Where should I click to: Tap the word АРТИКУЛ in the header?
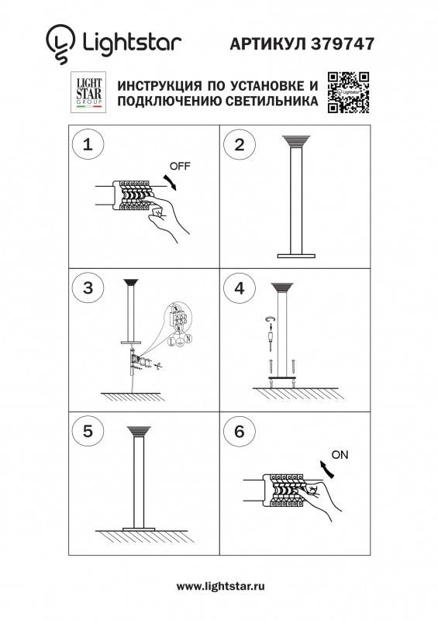click(268, 45)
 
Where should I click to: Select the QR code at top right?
click(347, 92)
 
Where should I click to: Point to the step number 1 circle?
click(88, 144)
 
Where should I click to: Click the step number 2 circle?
click(239, 144)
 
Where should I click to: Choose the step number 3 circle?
click(88, 288)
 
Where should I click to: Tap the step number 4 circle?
click(239, 288)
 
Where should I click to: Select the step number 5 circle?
click(88, 431)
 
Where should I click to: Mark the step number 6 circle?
click(239, 431)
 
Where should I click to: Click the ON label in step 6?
click(339, 454)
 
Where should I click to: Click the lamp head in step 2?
click(295, 142)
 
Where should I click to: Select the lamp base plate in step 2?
click(295, 254)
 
